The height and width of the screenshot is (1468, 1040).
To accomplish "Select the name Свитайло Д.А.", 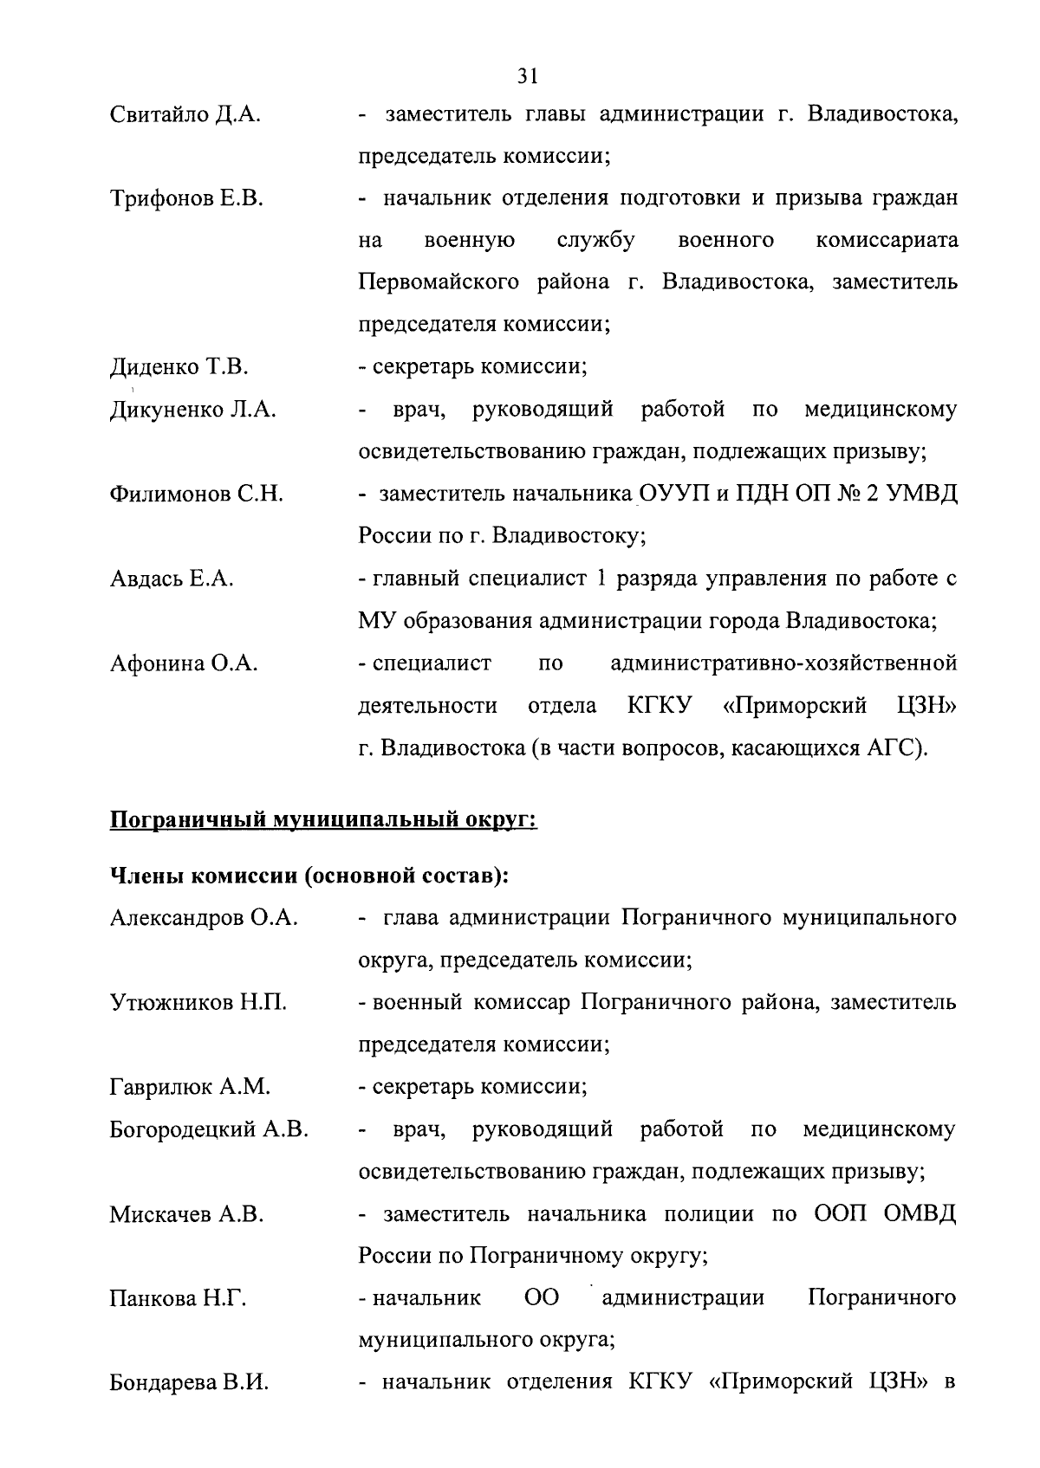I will click(185, 114).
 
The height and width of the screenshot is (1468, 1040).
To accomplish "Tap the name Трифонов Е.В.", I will click(187, 199).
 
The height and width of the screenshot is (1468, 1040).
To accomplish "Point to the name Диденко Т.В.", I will click(179, 367).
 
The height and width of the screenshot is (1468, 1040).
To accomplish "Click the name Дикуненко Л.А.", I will click(193, 410).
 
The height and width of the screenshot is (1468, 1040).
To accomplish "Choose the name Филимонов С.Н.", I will click(197, 495).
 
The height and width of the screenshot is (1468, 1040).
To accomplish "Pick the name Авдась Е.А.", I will click(172, 579).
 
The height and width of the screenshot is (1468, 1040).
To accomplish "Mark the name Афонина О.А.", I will click(185, 664).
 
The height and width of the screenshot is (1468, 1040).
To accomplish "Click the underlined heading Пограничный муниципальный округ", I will click(323, 819).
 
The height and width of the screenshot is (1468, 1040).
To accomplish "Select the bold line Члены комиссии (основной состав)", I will click(309, 876).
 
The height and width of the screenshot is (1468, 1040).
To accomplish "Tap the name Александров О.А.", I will click(205, 918).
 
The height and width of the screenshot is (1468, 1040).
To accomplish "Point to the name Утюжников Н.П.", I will click(198, 1003).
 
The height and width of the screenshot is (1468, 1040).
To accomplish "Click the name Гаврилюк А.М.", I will click(191, 1087).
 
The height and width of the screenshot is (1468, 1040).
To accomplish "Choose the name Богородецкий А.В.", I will click(209, 1129).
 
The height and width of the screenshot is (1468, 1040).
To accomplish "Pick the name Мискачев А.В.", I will click(186, 1214).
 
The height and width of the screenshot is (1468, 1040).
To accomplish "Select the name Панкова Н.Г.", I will click(179, 1298).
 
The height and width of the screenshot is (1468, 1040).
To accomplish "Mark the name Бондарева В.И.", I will click(189, 1383).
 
